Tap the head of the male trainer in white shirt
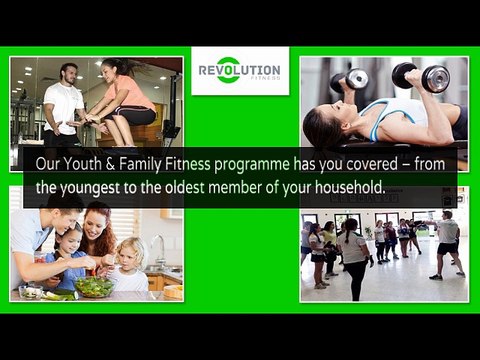pyautogui.click(x=69, y=74)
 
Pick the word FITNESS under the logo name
pyautogui.click(x=267, y=79)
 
